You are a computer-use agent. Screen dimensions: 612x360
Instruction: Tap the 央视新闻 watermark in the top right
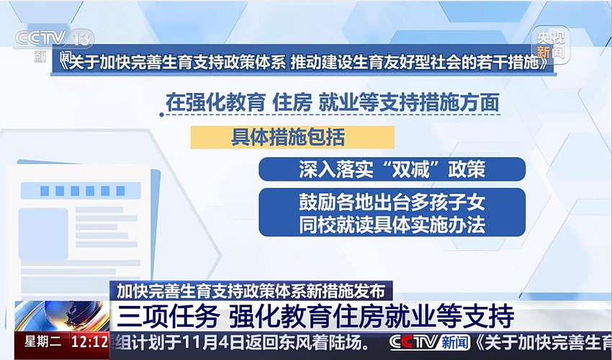(x=551, y=45)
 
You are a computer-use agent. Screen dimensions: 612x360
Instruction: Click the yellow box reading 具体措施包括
(x=292, y=137)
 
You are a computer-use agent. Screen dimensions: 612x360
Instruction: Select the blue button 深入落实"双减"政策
(x=392, y=169)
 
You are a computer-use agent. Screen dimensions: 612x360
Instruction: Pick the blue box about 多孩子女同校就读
(x=392, y=212)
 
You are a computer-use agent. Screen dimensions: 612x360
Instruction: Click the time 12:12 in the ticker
(x=89, y=342)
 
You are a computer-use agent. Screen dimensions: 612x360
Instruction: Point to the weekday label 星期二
(x=42, y=342)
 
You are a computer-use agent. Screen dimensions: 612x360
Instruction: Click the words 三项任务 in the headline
(x=168, y=316)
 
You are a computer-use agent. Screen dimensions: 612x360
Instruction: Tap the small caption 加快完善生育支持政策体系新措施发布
(x=251, y=291)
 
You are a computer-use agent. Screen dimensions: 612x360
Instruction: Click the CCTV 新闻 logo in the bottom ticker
(x=429, y=343)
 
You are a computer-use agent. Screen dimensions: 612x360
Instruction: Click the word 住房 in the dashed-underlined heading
(x=292, y=103)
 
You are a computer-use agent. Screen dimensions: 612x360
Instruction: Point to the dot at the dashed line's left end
(x=161, y=114)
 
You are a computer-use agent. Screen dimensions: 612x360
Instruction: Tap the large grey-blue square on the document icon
(x=43, y=233)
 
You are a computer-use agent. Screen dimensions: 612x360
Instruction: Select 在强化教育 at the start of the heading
(x=215, y=103)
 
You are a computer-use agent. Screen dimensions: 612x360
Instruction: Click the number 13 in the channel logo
(x=81, y=39)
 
